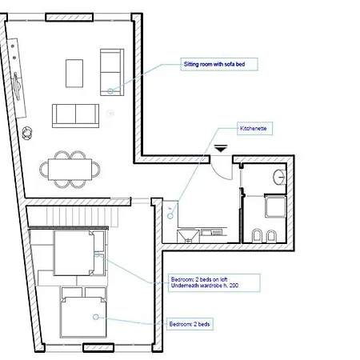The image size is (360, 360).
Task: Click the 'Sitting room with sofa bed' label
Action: point(219,64)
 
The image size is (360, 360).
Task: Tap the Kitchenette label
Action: point(254,129)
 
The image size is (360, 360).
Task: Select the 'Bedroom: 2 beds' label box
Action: point(190,324)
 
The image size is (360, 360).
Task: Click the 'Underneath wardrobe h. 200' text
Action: point(205,286)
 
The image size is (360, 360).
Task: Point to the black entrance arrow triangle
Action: point(221,149)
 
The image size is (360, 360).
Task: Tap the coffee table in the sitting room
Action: point(74,74)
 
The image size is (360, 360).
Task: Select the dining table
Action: point(70,170)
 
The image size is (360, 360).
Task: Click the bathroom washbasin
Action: point(279,177)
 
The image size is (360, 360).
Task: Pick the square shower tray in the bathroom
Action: point(275,206)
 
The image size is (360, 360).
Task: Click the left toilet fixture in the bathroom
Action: point(258,236)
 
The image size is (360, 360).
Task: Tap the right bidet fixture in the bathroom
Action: point(271,236)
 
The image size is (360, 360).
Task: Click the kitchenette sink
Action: point(188,236)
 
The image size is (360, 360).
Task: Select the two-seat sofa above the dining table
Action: point(75,116)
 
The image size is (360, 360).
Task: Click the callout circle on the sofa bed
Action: point(110,91)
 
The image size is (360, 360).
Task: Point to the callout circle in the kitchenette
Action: point(170,216)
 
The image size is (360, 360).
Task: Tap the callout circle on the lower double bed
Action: point(96,317)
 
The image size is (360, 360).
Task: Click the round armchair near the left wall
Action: point(27,133)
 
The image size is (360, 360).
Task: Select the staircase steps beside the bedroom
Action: point(82,216)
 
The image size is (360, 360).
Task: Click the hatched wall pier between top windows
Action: point(70,18)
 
